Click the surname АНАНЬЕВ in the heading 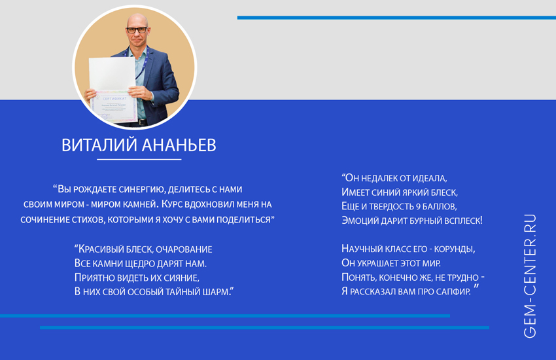coord(179,145)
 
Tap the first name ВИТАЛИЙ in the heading coord(99,145)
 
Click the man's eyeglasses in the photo coord(137,30)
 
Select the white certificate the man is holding coord(113,90)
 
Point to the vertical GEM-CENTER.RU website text coord(530,276)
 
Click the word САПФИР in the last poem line coord(453,291)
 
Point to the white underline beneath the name coord(139,159)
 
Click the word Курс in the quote coord(171,204)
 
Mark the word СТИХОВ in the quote coord(88,219)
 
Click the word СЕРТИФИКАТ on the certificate coord(114,99)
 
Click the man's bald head coord(137,20)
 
